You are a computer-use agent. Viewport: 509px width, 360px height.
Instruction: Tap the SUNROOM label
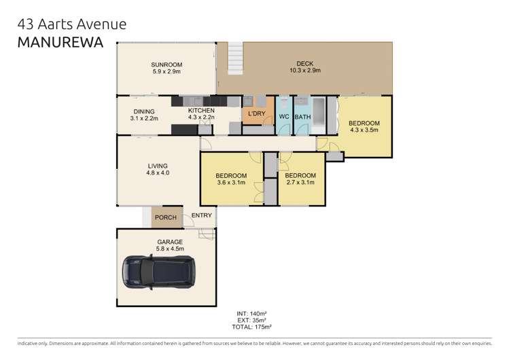pyautogui.click(x=166, y=65)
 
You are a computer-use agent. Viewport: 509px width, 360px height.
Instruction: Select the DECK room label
pyautogui.click(x=304, y=62)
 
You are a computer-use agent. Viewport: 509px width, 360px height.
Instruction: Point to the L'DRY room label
pyautogui.click(x=256, y=113)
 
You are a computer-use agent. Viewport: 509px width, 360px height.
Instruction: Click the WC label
pyautogui.click(x=285, y=116)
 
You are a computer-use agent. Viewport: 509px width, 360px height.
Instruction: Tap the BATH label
pyautogui.click(x=302, y=116)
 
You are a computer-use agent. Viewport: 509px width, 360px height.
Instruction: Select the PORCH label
pyautogui.click(x=166, y=217)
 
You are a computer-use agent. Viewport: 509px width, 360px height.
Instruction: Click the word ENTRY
pyautogui.click(x=201, y=215)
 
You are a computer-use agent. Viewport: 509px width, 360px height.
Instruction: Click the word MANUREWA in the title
pyautogui.click(x=59, y=43)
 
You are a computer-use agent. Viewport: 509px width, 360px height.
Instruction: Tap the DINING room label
pyautogui.click(x=143, y=111)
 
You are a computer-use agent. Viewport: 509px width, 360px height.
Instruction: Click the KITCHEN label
pyautogui.click(x=201, y=111)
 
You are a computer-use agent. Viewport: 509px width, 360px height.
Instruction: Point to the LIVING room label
pyautogui.click(x=158, y=166)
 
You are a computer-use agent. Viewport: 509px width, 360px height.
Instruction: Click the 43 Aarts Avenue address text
pyautogui.click(x=71, y=24)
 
